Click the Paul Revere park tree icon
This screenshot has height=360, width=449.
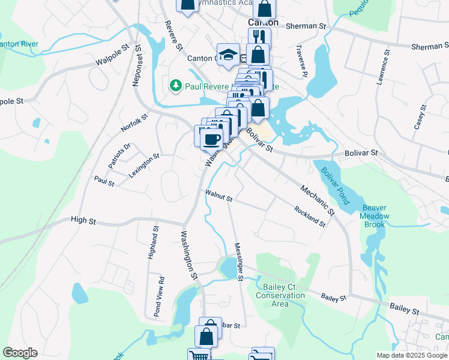tap(176, 86)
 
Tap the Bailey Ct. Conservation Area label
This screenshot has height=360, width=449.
tap(280, 295)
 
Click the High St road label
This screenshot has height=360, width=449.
tap(83, 221)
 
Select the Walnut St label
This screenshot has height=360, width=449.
tap(218, 195)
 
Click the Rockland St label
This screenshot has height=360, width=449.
tap(310, 217)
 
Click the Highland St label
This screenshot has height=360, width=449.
tap(152, 243)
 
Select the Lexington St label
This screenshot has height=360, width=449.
tap(144, 166)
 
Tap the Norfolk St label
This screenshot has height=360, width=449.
tap(134, 124)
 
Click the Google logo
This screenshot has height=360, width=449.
tap(20, 353)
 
